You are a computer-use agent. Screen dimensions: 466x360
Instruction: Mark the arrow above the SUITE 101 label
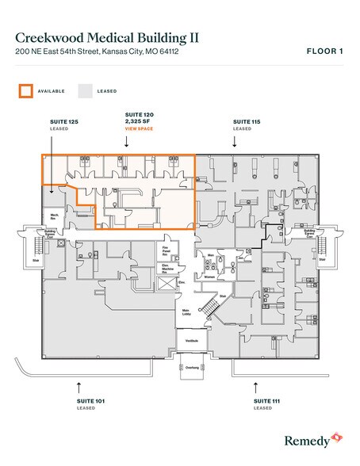pos(78,388)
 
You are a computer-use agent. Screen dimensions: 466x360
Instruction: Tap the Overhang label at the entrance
pos(191,368)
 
